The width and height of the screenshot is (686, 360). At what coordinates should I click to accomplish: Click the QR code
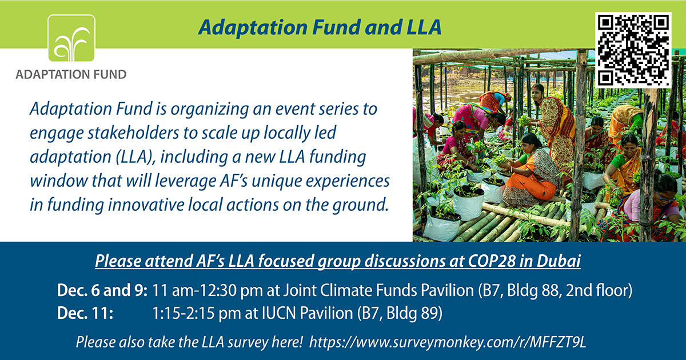[633, 50]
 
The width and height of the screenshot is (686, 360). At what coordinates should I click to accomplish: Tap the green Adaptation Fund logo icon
[71, 38]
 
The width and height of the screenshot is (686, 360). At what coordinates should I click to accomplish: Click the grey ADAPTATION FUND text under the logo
[71, 74]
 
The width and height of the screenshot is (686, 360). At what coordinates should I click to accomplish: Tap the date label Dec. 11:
[85, 313]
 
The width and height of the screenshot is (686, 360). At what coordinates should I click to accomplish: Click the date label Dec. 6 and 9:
[102, 290]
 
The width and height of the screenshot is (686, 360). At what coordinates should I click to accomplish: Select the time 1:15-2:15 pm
[197, 313]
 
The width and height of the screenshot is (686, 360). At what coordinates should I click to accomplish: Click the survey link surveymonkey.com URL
[448, 342]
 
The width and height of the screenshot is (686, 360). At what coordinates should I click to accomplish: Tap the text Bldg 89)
[414, 313]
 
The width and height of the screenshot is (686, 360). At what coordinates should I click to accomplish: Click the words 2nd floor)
[599, 290]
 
